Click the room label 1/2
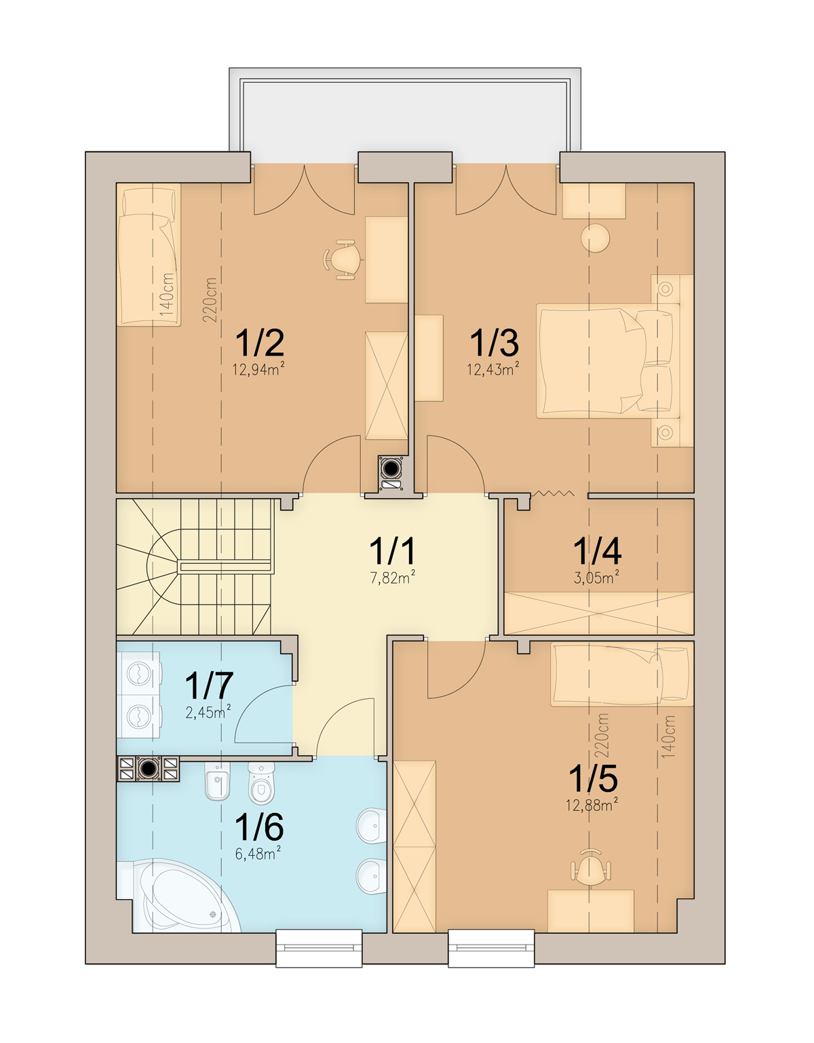(x=260, y=343)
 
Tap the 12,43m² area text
(x=494, y=369)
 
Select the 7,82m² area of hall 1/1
(x=392, y=577)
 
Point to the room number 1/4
(x=597, y=551)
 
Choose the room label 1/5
(x=593, y=778)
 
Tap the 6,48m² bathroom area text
(x=258, y=854)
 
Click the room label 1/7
(x=209, y=686)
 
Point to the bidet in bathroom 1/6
(x=218, y=782)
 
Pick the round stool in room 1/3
(x=596, y=238)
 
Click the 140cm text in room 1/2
(x=167, y=295)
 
